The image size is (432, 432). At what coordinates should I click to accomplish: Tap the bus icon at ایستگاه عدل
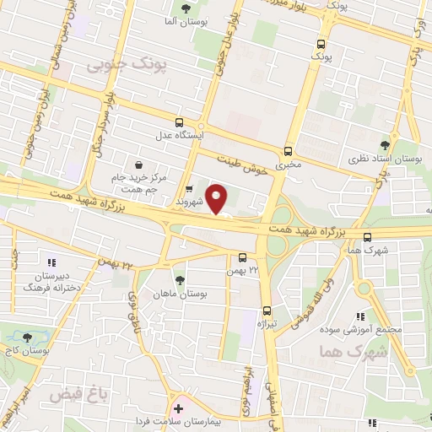pos(178,122)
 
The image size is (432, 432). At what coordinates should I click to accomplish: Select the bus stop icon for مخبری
pos(289,152)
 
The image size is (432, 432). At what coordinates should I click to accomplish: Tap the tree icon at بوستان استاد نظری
pos(386,145)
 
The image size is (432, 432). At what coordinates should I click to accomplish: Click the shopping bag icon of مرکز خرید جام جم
pos(139,165)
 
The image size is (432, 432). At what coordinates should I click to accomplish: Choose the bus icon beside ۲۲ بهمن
pos(242,256)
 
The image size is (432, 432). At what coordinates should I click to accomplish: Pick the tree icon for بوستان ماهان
pos(179,280)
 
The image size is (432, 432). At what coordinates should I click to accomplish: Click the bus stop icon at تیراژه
pos(267,310)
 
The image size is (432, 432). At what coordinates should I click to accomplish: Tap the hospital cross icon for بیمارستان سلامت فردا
pos(177,409)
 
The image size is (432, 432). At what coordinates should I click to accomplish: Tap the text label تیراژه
pos(267,324)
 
